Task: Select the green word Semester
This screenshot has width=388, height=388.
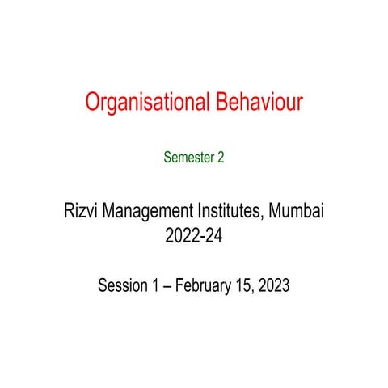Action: click(x=188, y=158)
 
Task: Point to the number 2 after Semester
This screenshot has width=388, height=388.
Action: click(x=221, y=158)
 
